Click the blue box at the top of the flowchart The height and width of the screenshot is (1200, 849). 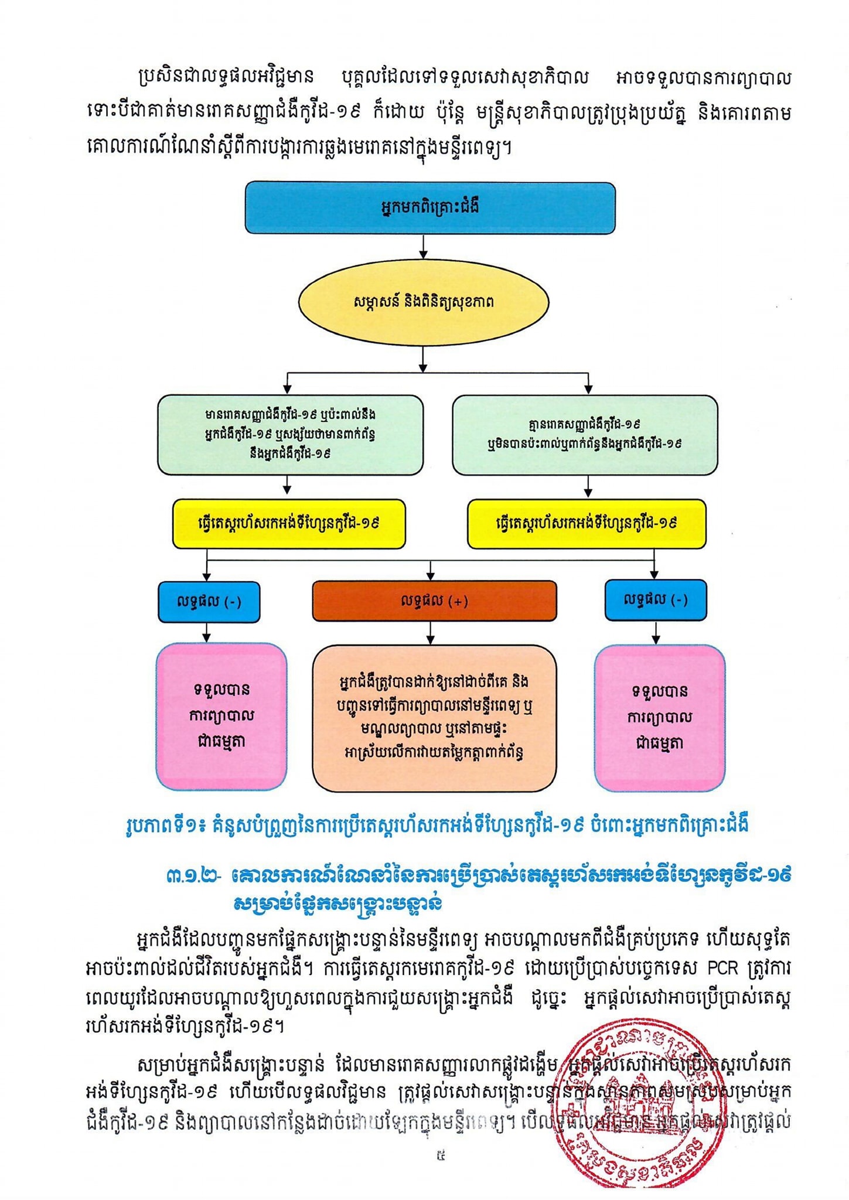point(430,208)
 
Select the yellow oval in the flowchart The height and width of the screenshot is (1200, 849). point(424,302)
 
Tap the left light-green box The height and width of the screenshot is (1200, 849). point(290,435)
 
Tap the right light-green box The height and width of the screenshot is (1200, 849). point(585,435)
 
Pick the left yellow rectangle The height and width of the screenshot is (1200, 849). point(289,524)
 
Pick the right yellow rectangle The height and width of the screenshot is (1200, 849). point(586,524)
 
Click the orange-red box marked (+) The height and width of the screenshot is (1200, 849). point(434,601)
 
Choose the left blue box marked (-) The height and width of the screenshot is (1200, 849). point(209,602)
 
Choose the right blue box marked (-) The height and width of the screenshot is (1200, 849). point(655,600)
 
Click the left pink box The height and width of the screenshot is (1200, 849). point(221,716)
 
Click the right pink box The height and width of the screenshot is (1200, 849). point(660,718)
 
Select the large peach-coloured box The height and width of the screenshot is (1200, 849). point(434,718)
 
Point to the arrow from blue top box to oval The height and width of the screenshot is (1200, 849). point(423,246)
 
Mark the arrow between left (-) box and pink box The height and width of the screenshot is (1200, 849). point(206,632)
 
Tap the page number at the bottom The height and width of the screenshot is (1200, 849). point(440,1156)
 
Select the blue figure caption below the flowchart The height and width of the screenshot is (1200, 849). point(437,826)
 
